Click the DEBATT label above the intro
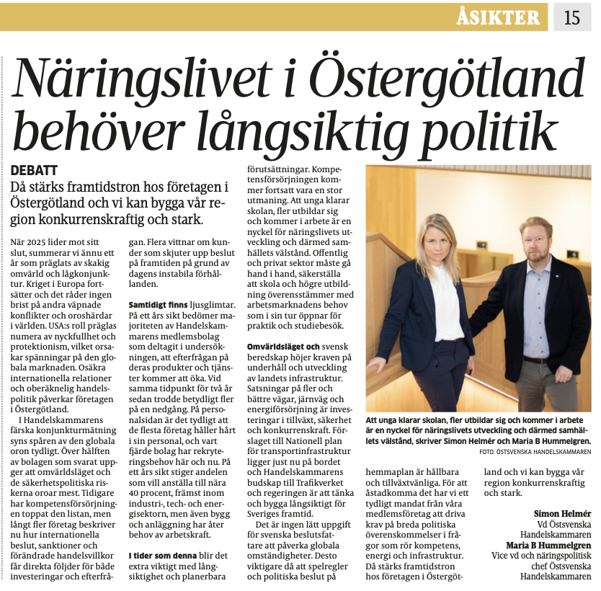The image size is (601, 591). [x=35, y=170]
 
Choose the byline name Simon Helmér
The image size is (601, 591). [x=563, y=513]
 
